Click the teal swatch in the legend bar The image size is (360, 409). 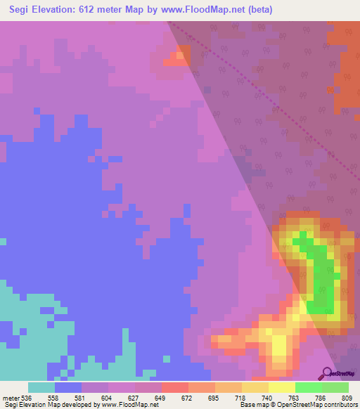pos(41,387)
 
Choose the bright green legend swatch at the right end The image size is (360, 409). pos(335,387)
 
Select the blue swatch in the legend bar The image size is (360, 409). pos(68,387)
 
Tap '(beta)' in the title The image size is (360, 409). pos(257,10)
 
